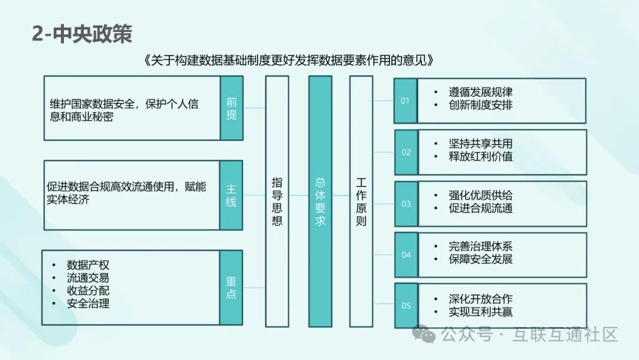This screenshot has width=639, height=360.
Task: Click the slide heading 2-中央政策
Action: [82, 34]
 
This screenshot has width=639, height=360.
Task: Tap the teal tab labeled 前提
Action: [231, 108]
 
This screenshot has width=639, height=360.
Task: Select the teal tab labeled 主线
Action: [231, 195]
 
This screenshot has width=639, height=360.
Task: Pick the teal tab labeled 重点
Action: [231, 287]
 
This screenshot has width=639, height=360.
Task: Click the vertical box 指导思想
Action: [277, 201]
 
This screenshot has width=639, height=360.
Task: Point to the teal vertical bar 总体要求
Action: [320, 201]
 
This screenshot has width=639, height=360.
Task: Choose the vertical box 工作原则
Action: [362, 201]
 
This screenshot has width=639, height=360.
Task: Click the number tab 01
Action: [405, 101]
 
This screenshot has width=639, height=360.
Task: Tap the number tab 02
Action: [406, 152]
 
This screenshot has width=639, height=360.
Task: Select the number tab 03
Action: [406, 204]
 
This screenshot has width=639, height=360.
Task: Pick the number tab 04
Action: [406, 255]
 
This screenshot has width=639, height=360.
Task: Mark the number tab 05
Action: [406, 306]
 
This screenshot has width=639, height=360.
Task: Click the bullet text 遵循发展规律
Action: [480, 92]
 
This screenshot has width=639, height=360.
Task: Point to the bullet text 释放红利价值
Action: [480, 157]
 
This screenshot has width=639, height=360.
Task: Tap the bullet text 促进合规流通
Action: [480, 208]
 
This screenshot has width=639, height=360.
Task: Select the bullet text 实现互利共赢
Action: [480, 311]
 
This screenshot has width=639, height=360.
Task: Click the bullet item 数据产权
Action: [88, 265]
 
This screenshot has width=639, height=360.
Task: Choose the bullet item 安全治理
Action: [88, 304]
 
